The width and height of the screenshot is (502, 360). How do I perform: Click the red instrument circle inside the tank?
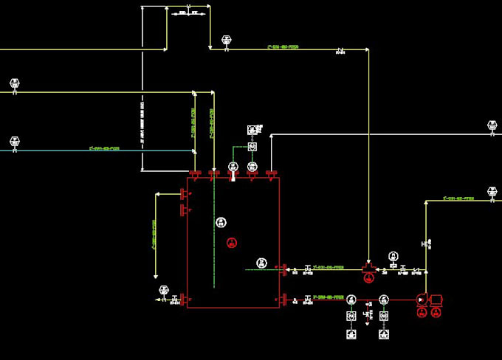[232, 242]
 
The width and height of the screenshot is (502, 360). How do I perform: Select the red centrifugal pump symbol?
[422, 300]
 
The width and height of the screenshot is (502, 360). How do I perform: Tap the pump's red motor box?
[436, 300]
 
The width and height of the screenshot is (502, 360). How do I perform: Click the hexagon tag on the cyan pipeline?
[14, 141]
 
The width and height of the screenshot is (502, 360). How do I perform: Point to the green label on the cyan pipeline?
[103, 148]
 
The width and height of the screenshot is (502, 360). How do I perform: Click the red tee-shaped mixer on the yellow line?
[368, 266]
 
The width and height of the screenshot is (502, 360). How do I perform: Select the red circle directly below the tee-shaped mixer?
[368, 277]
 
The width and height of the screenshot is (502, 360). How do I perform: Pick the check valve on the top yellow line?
[340, 50]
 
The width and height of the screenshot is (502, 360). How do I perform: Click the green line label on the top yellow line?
[283, 46]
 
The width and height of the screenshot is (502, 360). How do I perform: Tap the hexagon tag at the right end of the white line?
[492, 127]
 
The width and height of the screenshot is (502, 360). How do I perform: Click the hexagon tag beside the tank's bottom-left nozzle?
[164, 291]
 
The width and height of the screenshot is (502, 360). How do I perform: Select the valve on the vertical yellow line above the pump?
[426, 243]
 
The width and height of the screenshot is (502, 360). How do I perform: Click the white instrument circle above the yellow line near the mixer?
[393, 255]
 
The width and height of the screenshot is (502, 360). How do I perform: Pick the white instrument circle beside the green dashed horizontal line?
[261, 263]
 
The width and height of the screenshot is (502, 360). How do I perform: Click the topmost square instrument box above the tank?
[252, 130]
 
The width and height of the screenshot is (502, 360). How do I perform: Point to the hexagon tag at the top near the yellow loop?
[226, 41]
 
